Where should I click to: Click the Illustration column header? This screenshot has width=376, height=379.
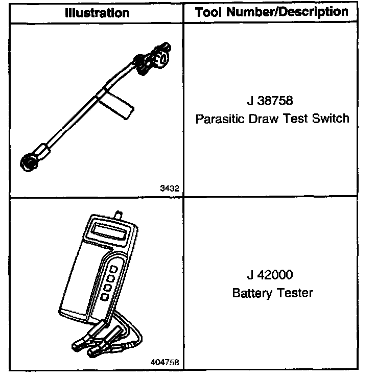point(97,13)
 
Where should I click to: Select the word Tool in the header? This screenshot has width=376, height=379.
point(209,13)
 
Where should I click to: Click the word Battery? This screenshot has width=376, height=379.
point(252,293)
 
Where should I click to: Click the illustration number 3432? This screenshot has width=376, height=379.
point(169,188)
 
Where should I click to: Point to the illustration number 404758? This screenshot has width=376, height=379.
point(165,362)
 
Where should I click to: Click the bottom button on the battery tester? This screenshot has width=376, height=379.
point(105,297)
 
